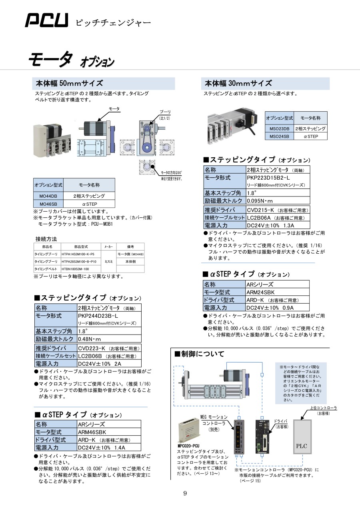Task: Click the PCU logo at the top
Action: click(x=46, y=20)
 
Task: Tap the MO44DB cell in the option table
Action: click(x=48, y=196)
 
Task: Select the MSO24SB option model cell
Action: click(x=279, y=136)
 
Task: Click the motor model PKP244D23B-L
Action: click(x=98, y=316)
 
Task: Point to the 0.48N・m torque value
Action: click(x=90, y=339)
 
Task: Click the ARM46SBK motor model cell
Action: click(x=92, y=432)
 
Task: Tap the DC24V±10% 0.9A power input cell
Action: click(x=270, y=307)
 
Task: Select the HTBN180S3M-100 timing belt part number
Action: click(x=75, y=269)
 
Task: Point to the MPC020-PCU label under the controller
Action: click(x=188, y=445)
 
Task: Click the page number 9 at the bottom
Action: click(x=185, y=493)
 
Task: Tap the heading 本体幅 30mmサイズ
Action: click(x=238, y=83)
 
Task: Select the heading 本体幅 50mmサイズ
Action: click(x=70, y=83)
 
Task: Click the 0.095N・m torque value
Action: click(x=260, y=201)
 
